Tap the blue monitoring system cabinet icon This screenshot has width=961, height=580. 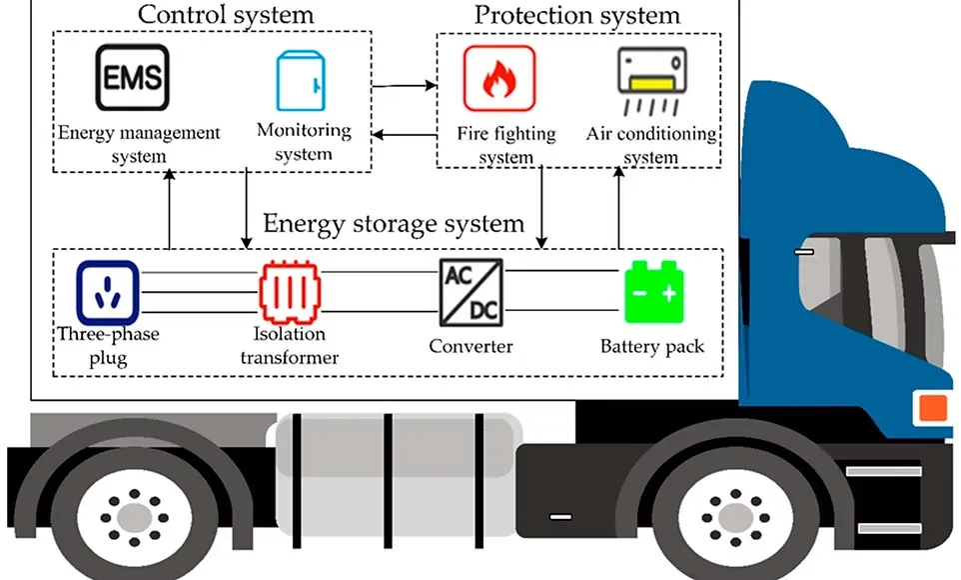(297, 77)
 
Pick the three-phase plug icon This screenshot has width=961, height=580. (107, 293)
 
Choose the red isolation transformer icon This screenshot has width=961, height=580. (290, 293)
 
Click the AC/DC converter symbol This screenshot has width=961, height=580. (471, 291)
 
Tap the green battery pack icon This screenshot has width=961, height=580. (653, 293)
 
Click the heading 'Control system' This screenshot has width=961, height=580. (225, 15)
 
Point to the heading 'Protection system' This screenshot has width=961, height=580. (576, 15)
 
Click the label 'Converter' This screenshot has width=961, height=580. (471, 346)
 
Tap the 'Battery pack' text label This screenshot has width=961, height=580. (652, 347)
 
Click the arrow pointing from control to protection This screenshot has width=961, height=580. (405, 86)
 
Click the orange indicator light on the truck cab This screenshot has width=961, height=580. (932, 407)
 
